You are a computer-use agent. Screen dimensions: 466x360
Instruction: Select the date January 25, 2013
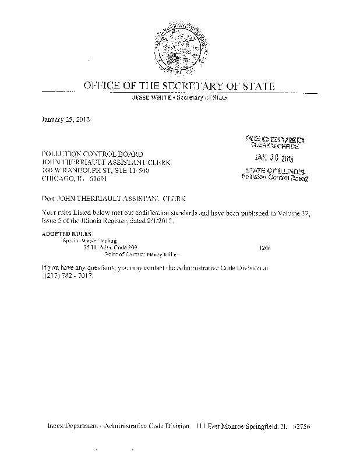(65, 119)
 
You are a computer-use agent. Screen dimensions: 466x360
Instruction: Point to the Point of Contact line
(140, 255)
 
